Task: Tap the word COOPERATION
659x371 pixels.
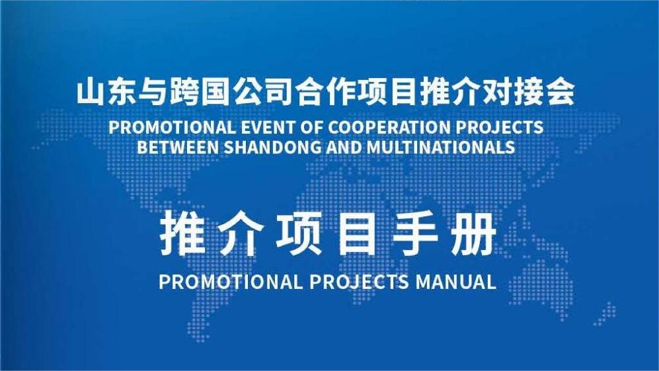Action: click(x=388, y=127)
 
